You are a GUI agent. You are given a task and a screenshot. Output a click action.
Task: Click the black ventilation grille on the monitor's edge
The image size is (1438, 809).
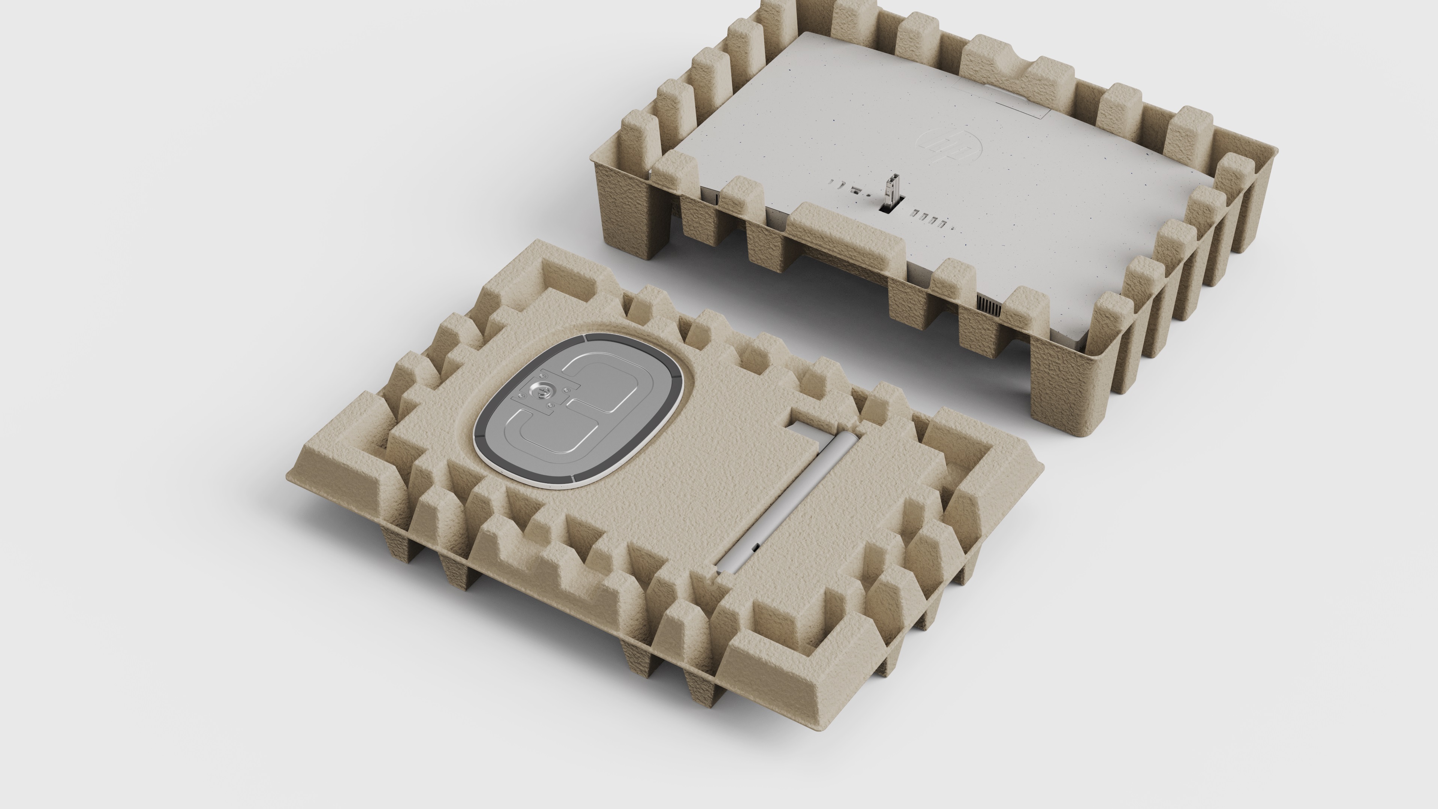tap(989, 305)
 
